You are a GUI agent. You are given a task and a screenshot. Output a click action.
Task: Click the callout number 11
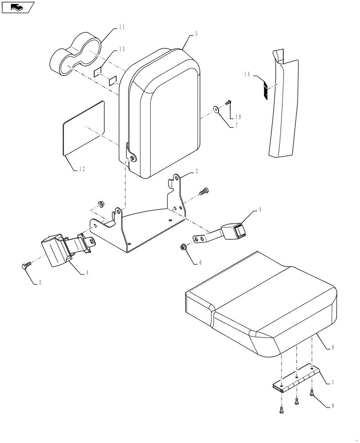pos(121,27)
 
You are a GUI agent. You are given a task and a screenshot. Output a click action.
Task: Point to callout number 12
pos(82,168)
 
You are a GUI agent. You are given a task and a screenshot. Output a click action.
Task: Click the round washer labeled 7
pos(215,109)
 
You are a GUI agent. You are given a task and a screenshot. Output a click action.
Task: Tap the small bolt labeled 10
pos(229,102)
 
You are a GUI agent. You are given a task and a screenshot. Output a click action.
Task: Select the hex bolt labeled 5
pos(25,266)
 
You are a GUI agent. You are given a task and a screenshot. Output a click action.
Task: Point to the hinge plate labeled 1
pos(295,377)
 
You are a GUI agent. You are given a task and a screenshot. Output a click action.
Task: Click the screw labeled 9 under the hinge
pos(313,391)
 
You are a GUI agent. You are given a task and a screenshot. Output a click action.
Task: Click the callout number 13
pos(121,49)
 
